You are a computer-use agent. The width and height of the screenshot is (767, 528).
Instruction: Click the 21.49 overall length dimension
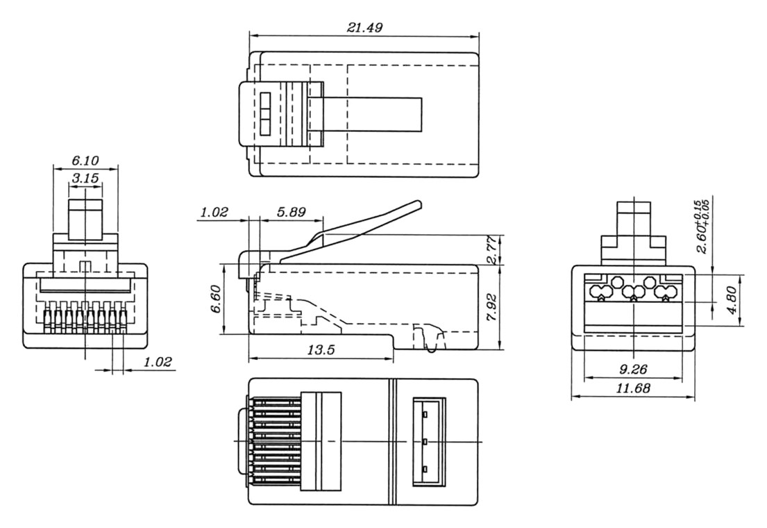point(364,27)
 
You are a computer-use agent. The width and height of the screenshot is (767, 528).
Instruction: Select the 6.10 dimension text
point(85,160)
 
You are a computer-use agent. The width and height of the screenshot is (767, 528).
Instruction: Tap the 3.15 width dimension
point(85,179)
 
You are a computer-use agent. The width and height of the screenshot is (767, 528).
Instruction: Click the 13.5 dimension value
point(321,350)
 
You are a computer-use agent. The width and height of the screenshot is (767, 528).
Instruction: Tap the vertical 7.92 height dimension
point(491,306)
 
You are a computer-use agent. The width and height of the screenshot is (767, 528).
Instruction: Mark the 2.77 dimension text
point(491,250)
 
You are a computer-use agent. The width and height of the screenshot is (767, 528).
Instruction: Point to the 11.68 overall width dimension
point(632,389)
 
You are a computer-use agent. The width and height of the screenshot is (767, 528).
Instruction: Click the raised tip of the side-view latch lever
point(416,206)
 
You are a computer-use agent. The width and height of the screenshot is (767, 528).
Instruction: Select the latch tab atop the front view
point(85,217)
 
